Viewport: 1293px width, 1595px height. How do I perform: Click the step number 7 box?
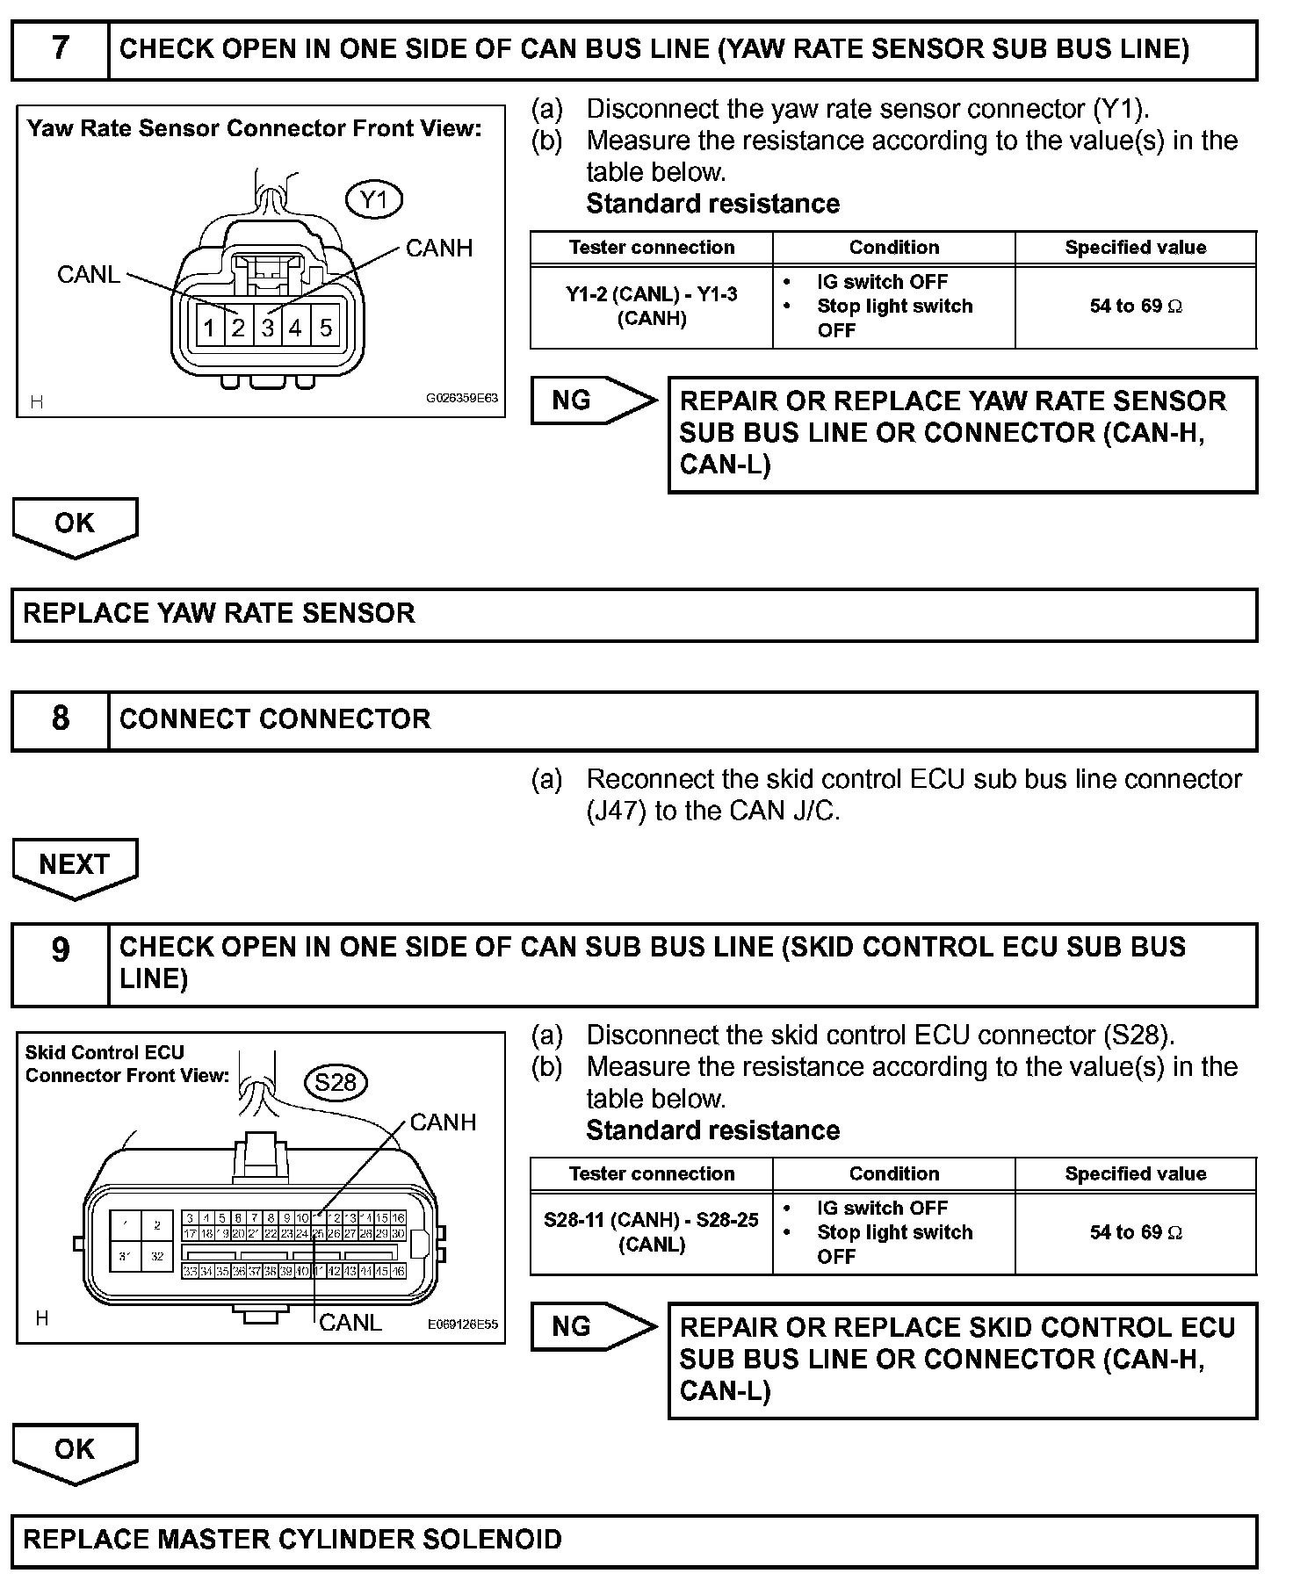click(60, 49)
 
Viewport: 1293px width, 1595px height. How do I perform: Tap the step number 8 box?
click(60, 719)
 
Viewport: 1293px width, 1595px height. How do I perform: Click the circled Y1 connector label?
click(374, 200)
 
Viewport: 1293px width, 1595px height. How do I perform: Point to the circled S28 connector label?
click(336, 1082)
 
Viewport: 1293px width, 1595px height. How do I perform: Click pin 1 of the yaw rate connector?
click(209, 328)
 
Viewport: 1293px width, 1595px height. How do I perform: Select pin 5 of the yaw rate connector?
click(326, 328)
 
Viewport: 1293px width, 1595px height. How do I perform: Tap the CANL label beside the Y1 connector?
click(88, 275)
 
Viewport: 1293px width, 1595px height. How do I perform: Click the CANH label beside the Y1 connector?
click(439, 249)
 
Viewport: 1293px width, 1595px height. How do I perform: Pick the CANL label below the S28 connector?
click(350, 1323)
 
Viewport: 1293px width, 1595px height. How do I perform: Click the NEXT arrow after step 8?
click(75, 866)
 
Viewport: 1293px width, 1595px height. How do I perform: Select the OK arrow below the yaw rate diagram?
click(75, 525)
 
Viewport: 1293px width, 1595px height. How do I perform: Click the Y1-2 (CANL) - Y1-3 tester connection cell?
click(652, 307)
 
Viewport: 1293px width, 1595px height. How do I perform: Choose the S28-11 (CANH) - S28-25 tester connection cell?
click(652, 1232)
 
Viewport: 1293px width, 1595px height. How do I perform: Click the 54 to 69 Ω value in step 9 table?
click(1136, 1232)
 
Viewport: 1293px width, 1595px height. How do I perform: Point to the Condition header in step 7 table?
click(894, 248)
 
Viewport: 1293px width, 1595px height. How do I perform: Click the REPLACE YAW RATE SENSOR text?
click(219, 613)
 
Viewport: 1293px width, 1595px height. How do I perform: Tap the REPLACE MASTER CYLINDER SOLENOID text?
click(293, 1540)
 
